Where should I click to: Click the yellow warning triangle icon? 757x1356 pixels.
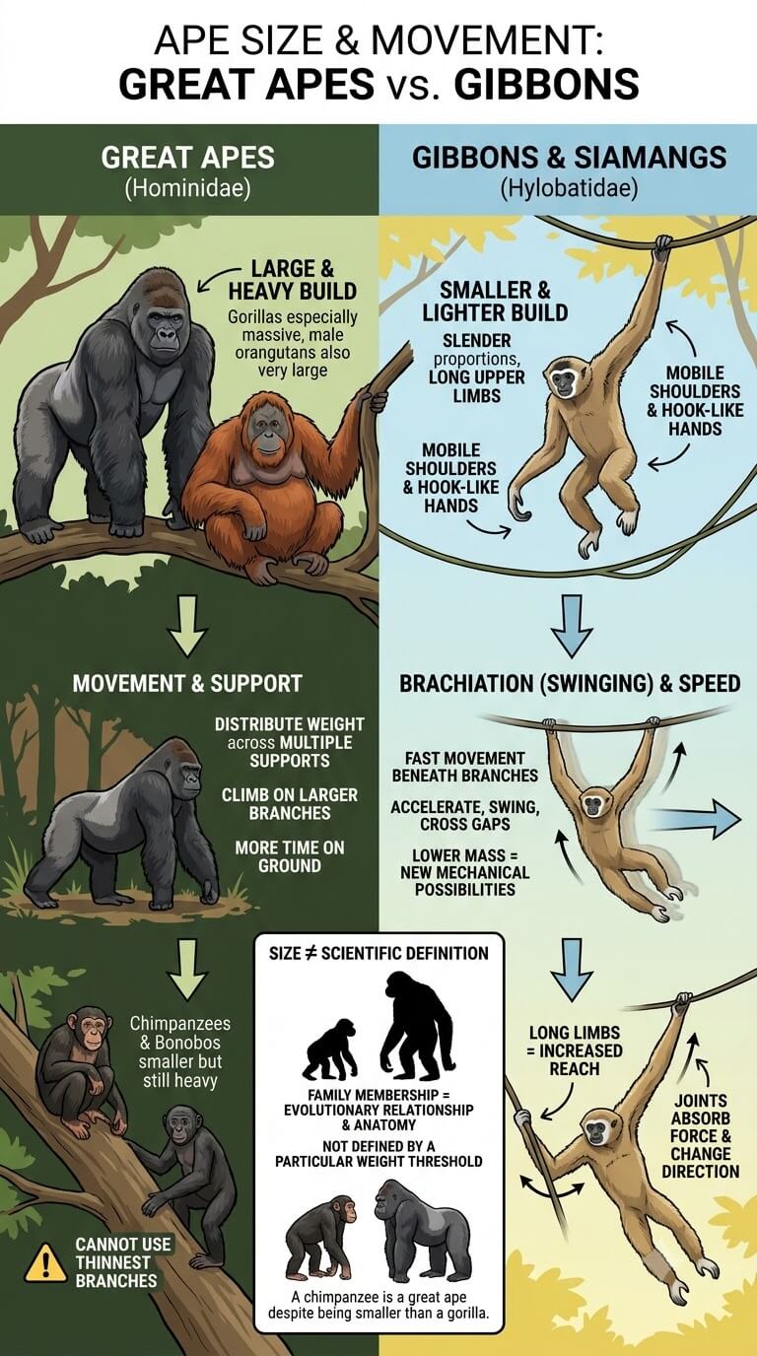[x=45, y=1263]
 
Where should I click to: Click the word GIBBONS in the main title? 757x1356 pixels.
[x=546, y=84]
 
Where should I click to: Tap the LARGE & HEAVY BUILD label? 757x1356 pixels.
[x=293, y=280]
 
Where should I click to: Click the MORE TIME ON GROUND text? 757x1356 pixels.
[x=290, y=856]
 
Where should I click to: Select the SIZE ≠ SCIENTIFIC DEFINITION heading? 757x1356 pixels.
[x=378, y=954]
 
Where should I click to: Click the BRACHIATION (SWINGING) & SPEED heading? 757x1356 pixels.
[x=570, y=684]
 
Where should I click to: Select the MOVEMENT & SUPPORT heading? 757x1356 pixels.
[x=187, y=684]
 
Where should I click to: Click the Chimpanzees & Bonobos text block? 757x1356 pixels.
[x=179, y=1051]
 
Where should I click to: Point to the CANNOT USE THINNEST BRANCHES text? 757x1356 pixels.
[x=116, y=1262]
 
